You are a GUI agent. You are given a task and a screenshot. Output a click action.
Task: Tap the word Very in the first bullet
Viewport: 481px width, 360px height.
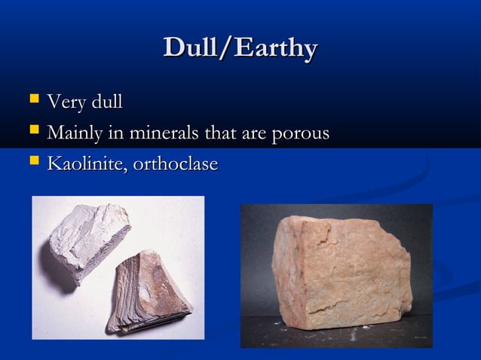coord(64,101)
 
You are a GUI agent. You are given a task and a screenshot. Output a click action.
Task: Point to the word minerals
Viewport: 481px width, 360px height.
coord(159,133)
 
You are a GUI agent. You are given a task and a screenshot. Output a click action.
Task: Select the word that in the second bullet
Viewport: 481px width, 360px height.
coord(218,133)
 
